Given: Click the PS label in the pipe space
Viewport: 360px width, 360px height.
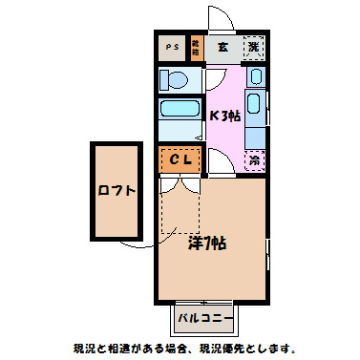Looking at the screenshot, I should tap(172, 46).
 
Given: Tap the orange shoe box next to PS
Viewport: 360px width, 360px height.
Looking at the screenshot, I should tap(196, 46).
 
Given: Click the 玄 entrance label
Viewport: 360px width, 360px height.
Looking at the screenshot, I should tap(222, 46).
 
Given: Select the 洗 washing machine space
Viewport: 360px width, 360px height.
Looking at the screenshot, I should tap(254, 46).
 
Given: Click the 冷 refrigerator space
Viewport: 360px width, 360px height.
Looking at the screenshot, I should tap(255, 160).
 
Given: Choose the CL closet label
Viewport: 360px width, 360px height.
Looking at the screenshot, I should tap(181, 160).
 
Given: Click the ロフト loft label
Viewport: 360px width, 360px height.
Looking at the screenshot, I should tap(116, 190).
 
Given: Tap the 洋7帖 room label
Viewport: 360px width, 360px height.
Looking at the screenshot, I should tap(206, 242).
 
